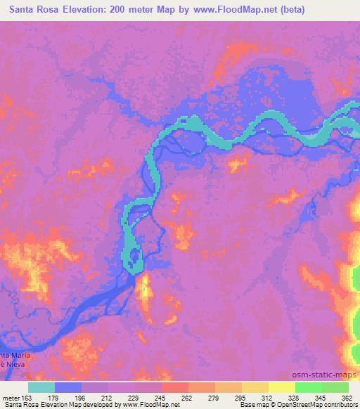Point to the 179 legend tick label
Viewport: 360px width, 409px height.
pyautogui.click(x=54, y=397)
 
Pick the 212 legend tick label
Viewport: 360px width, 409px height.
pyautogui.click(x=108, y=397)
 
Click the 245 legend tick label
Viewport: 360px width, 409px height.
pyautogui.click(x=161, y=397)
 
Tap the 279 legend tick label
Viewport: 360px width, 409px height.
pyautogui.click(x=214, y=397)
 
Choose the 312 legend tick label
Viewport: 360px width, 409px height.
pyautogui.click(x=268, y=397)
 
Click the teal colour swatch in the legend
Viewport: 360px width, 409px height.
pyautogui.click(x=41, y=387)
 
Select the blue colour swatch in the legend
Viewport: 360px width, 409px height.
pyautogui.click(x=68, y=387)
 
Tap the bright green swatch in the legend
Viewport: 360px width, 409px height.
pyautogui.click(x=308, y=387)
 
